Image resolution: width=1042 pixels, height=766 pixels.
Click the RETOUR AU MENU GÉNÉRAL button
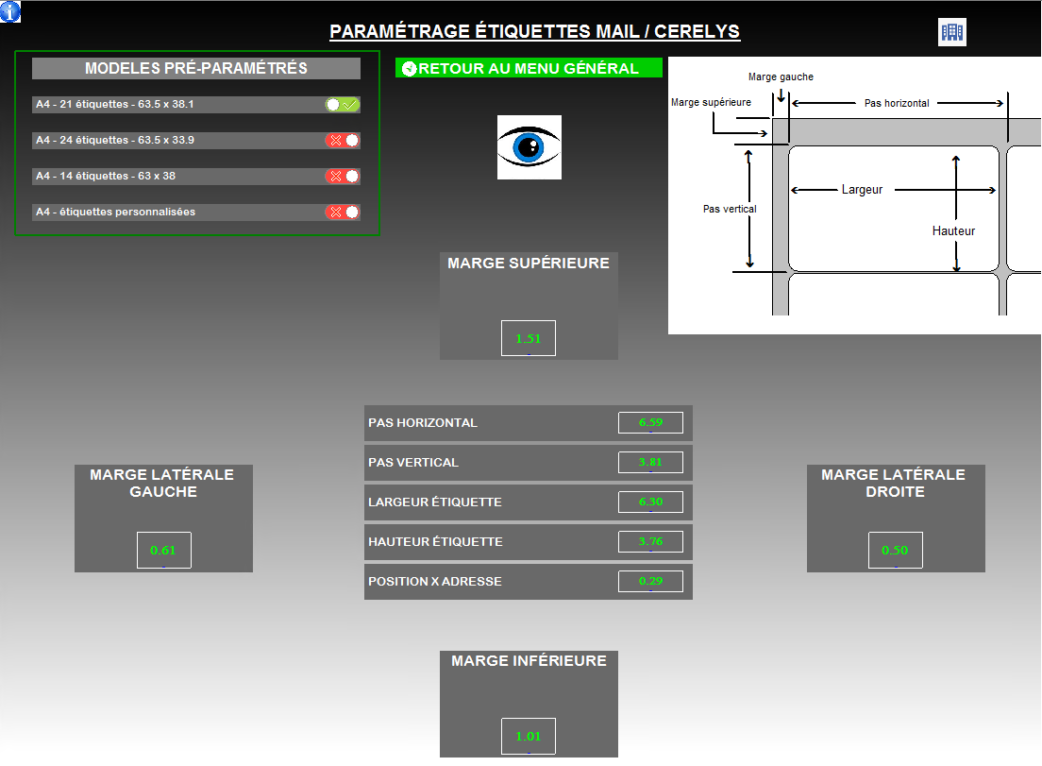tap(529, 68)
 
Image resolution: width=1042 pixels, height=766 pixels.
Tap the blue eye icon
tap(529, 147)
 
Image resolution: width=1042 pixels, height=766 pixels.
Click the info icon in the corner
tap(10, 11)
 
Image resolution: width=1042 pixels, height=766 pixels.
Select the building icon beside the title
tap(952, 32)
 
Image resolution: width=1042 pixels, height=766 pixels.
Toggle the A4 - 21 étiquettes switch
tap(343, 105)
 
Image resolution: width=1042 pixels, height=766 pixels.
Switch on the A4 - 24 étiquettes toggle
tap(343, 141)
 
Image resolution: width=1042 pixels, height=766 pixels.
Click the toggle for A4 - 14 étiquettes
tap(343, 177)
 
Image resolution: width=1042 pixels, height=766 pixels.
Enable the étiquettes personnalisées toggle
tap(343, 213)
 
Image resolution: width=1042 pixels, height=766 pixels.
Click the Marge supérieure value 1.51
tap(529, 338)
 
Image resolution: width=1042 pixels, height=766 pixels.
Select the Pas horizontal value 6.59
tap(650, 423)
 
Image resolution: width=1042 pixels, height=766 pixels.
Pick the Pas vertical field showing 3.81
tap(650, 463)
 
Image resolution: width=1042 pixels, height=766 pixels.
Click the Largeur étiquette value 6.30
tap(650, 502)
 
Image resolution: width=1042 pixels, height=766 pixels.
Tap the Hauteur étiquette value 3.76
tap(650, 542)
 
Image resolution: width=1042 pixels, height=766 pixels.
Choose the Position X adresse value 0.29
tap(650, 582)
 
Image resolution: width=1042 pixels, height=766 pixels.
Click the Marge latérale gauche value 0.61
tap(164, 551)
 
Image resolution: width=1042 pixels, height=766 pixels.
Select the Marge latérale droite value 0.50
tap(896, 551)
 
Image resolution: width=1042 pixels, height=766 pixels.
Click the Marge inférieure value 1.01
tap(529, 737)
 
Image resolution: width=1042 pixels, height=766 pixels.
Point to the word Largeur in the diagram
tap(862, 190)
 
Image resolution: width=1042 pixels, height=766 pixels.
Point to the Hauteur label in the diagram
tap(953, 231)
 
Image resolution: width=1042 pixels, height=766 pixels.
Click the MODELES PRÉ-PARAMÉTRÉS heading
tap(196, 69)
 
